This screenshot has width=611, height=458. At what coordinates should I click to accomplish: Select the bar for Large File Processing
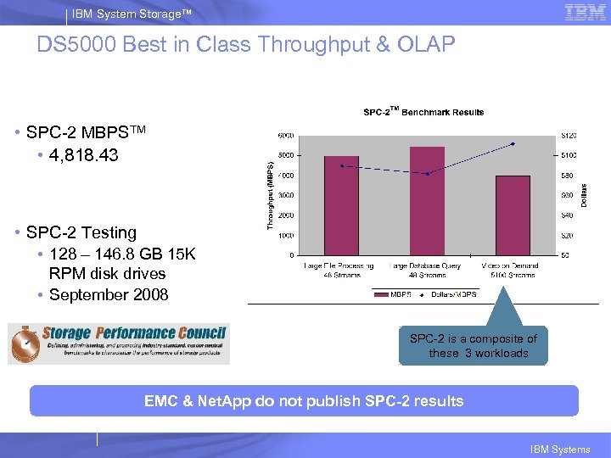coord(341,205)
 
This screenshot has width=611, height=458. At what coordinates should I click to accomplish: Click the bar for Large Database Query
coord(427,201)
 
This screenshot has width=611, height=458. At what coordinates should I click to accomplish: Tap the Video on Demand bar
coord(513,215)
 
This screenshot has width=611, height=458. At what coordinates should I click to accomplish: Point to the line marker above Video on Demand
coord(513,144)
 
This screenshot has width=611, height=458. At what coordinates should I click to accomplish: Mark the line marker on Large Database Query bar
coord(428,173)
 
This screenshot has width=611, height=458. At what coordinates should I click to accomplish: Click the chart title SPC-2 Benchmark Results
coord(423,112)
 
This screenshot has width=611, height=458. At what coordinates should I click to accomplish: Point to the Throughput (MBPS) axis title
coord(271,194)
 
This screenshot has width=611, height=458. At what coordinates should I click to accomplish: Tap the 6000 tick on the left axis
coord(286,136)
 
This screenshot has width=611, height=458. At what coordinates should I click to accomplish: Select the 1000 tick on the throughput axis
coord(286,235)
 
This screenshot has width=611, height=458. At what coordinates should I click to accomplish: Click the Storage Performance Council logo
coord(119,343)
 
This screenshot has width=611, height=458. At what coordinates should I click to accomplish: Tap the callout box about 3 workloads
coord(474,346)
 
